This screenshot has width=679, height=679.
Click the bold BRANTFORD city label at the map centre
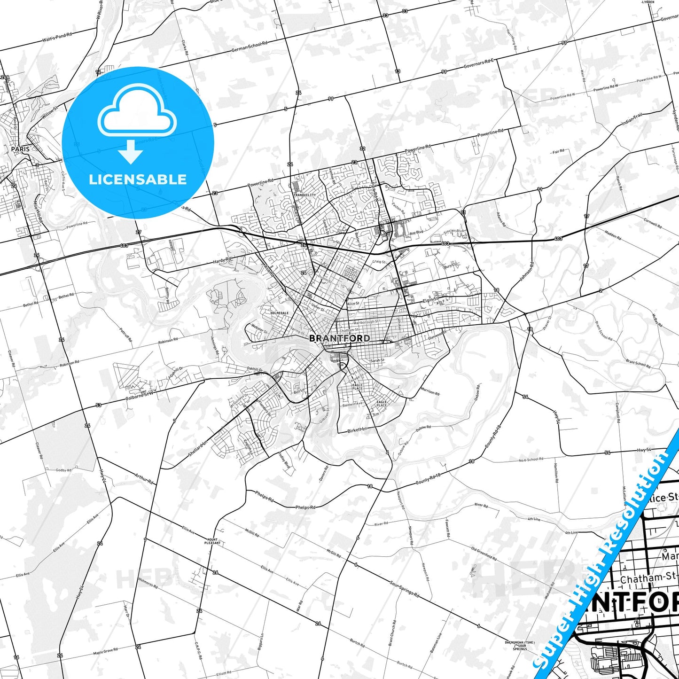339,338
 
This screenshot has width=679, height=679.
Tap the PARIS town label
20,149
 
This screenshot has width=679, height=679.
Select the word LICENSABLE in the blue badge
138,180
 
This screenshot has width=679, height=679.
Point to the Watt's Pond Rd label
57,37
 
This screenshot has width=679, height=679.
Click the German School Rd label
249,47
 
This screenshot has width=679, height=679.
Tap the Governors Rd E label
479,63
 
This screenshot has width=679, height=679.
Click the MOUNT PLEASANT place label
212,541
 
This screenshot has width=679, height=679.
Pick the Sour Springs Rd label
405,588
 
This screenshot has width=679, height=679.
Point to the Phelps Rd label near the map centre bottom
305,507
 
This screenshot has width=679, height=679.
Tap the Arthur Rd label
144,478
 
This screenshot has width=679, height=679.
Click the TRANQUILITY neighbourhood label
305,195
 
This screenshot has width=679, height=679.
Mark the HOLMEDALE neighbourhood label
280,313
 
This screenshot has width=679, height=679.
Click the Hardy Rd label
222,260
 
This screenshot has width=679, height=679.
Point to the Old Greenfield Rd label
484,554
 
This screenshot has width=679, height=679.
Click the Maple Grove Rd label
106,651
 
